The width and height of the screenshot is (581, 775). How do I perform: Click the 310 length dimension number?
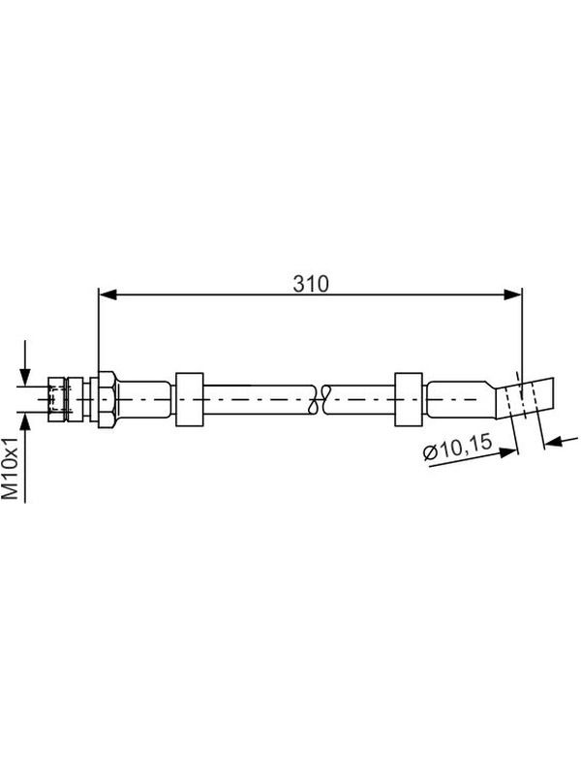(310, 284)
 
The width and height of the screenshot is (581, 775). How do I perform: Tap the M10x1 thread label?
(11, 467)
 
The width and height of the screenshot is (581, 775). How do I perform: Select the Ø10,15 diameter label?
(458, 448)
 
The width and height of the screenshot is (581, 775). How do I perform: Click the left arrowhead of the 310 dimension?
(107, 295)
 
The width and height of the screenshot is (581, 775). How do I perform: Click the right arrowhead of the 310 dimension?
(513, 295)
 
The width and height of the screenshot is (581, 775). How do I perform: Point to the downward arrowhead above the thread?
(26, 377)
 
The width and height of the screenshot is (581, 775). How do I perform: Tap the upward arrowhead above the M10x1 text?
(26, 421)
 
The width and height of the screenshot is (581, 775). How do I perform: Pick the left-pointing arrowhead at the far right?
(553, 442)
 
